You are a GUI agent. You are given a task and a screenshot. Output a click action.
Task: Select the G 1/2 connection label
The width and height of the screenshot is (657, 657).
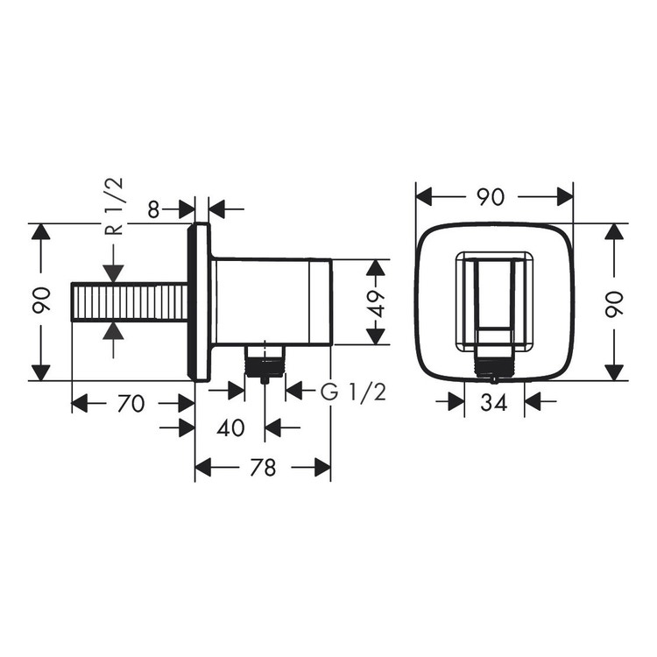[352, 392]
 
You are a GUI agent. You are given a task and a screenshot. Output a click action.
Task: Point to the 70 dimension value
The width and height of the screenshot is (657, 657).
[131, 404]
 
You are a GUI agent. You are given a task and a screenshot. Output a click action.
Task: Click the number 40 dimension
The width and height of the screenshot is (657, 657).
[229, 428]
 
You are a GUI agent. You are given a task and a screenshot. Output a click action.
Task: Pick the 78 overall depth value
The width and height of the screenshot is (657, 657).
[262, 469]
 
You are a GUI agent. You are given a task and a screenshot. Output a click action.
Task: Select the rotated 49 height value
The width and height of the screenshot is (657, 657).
[376, 302]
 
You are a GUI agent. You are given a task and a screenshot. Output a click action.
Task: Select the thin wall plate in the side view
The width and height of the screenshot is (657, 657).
[199, 302]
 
